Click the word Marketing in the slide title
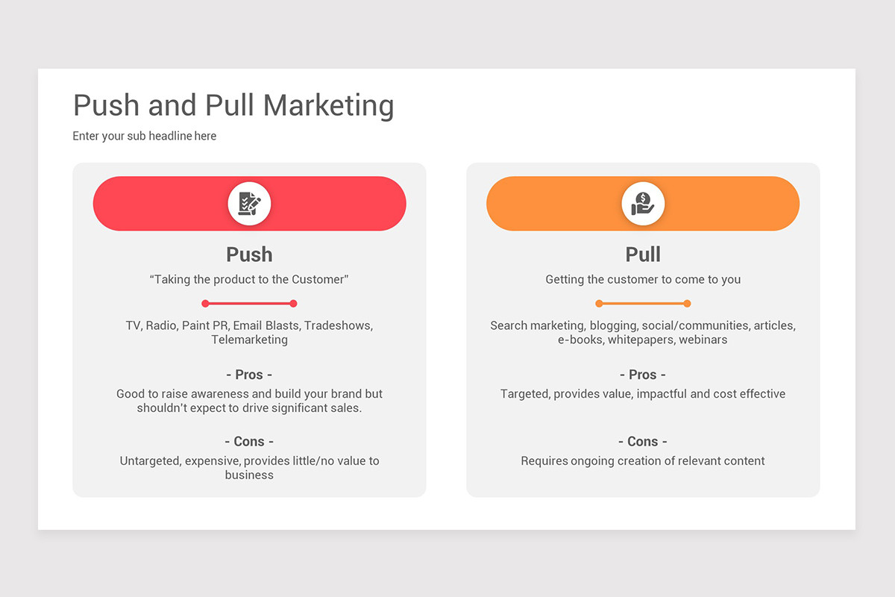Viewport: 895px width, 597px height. coord(328,106)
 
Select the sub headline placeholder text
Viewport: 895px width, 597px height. coord(145,136)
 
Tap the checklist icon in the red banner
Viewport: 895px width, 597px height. coord(249,204)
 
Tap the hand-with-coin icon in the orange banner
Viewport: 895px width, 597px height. coord(643,204)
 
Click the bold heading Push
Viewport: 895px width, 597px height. coord(249,254)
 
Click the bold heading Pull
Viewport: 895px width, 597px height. coord(643,254)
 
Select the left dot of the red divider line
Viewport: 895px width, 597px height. coord(205,304)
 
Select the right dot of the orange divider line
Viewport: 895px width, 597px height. coord(687,304)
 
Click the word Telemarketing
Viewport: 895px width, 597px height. coord(249,340)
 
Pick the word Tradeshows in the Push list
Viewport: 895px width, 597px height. coord(339,325)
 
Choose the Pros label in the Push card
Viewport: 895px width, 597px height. coord(249,375)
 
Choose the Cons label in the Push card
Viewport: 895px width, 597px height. coord(249,442)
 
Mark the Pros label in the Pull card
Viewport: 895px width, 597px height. coord(643,375)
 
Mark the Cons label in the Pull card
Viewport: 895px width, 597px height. coord(643,442)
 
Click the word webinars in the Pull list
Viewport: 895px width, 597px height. coord(703,340)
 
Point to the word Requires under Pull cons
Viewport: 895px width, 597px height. coord(544,461)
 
